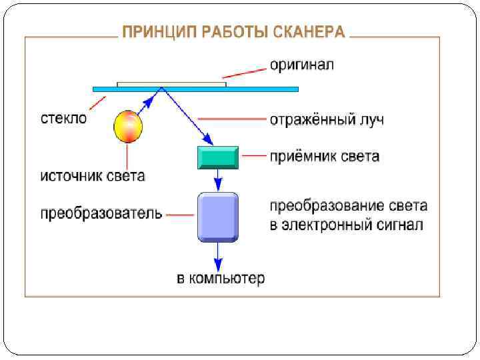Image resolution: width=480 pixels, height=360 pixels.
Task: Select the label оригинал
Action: click(301, 65)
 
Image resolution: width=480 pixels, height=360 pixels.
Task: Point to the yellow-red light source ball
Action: click(129, 127)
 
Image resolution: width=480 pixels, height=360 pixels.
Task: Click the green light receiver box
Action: click(217, 157)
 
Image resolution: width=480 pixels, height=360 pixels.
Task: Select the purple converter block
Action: click(217, 217)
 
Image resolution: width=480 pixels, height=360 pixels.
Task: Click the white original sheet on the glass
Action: click(171, 84)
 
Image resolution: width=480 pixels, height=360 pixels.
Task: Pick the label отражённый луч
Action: click(327, 121)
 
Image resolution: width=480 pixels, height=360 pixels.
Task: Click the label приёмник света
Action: click(325, 157)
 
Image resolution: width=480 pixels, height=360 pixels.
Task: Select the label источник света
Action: click(93, 176)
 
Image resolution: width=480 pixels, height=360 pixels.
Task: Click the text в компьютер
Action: click(220, 278)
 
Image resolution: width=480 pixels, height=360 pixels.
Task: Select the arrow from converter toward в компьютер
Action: click(217, 255)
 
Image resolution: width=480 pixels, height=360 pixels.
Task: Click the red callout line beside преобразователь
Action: click(180, 215)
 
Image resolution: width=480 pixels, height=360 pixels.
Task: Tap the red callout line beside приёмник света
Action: click(253, 157)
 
